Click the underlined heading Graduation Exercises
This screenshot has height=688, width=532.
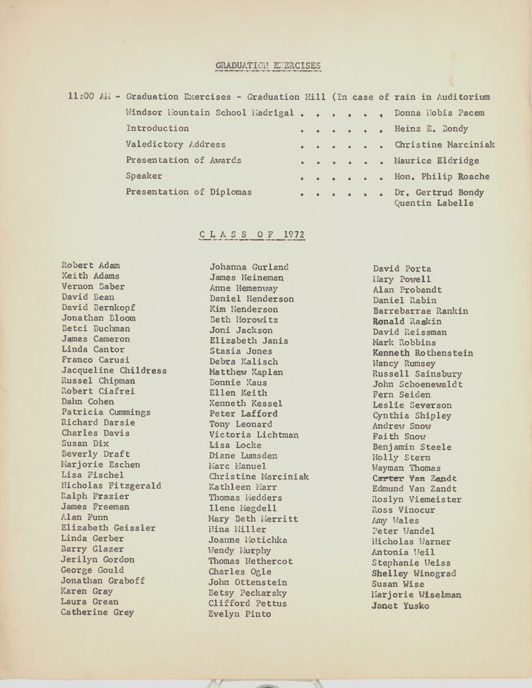pos(267,65)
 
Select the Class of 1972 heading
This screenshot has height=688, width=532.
pos(251,234)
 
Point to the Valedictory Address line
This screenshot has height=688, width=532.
pos(176,144)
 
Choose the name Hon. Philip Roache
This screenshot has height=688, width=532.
pos(442,177)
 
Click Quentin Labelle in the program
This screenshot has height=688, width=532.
pos(434,203)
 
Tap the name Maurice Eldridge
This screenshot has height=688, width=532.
pos(436,161)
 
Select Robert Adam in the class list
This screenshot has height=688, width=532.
pos(91,265)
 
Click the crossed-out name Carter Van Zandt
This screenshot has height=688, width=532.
pos(414,478)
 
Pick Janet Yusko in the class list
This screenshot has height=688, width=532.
pos(400,605)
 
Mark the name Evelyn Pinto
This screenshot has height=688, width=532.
pos(240,614)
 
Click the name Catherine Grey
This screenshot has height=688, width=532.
pos(98,612)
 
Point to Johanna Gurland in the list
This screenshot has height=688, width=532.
pos(249,267)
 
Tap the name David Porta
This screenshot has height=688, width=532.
pos(402,269)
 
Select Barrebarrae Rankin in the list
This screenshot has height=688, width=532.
pos(420,311)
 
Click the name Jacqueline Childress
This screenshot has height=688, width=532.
pos(114,370)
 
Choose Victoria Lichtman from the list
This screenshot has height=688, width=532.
pos(254,435)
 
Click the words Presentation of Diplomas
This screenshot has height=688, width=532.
pos(189,192)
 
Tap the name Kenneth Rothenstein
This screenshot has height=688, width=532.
pos(423,353)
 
